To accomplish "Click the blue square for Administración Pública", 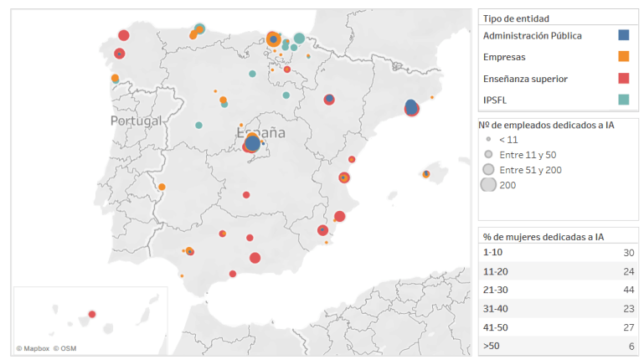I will pyautogui.click(x=623, y=35).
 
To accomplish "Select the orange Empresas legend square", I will pyautogui.click(x=623, y=57).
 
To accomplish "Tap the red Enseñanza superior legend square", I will pyautogui.click(x=623, y=79).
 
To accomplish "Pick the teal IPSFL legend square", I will pyautogui.click(x=623, y=100).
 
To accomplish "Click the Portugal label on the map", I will pyautogui.click(x=136, y=121).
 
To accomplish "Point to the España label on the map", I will pyautogui.click(x=261, y=132).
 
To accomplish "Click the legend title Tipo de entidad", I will pyautogui.click(x=522, y=18).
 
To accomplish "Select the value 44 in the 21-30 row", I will pyautogui.click(x=627, y=290).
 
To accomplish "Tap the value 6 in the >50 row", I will pyautogui.click(x=631, y=346).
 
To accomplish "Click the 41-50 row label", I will pyautogui.click(x=497, y=327).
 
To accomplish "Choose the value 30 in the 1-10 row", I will pyautogui.click(x=627, y=252).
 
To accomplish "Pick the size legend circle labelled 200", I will pyautogui.click(x=488, y=185).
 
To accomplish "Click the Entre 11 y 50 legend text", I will pyautogui.click(x=527, y=155).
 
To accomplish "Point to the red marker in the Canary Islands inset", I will pyautogui.click(x=92, y=314).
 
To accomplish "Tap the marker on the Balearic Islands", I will pyautogui.click(x=426, y=174).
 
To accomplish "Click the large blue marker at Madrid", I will pyautogui.click(x=253, y=144).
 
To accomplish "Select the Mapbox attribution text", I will pyautogui.click(x=33, y=348).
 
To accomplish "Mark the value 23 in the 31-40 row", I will pyautogui.click(x=627, y=308).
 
